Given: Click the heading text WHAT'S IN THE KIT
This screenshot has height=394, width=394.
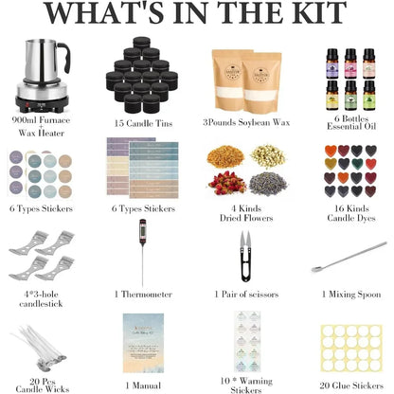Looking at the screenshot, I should [x=197, y=18].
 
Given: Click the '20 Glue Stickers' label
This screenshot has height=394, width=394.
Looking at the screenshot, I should [x=343, y=385].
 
